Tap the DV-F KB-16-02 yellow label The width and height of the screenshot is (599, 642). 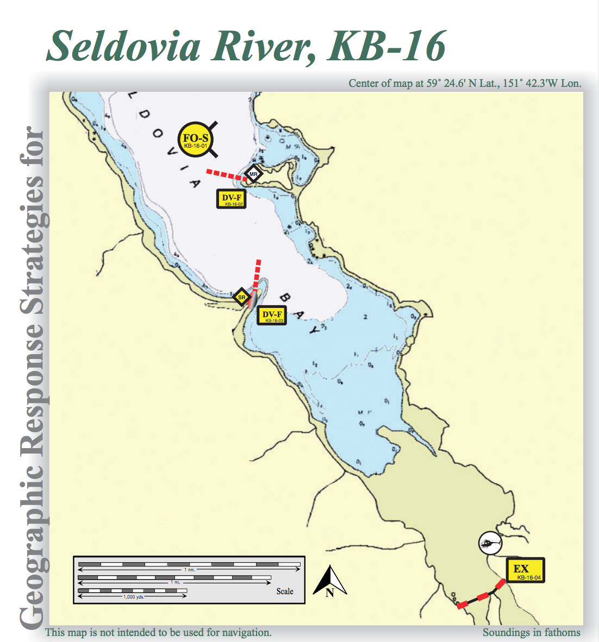pyautogui.click(x=232, y=199)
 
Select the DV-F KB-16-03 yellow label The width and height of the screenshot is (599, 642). pyautogui.click(x=272, y=316)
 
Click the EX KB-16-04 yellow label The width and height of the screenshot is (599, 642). pyautogui.click(x=525, y=570)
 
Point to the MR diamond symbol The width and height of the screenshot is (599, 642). pyautogui.click(x=253, y=174)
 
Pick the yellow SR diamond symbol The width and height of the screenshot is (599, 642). pyautogui.click(x=242, y=297)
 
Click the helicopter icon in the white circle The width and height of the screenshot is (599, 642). pyautogui.click(x=490, y=543)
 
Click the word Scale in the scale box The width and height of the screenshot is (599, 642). pyautogui.click(x=285, y=591)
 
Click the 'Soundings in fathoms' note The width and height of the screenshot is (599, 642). pyautogui.click(x=531, y=632)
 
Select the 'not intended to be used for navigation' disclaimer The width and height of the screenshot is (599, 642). pyautogui.click(x=158, y=632)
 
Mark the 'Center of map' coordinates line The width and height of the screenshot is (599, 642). pyautogui.click(x=465, y=83)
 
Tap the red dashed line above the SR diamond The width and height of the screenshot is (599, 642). pyautogui.click(x=257, y=274)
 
